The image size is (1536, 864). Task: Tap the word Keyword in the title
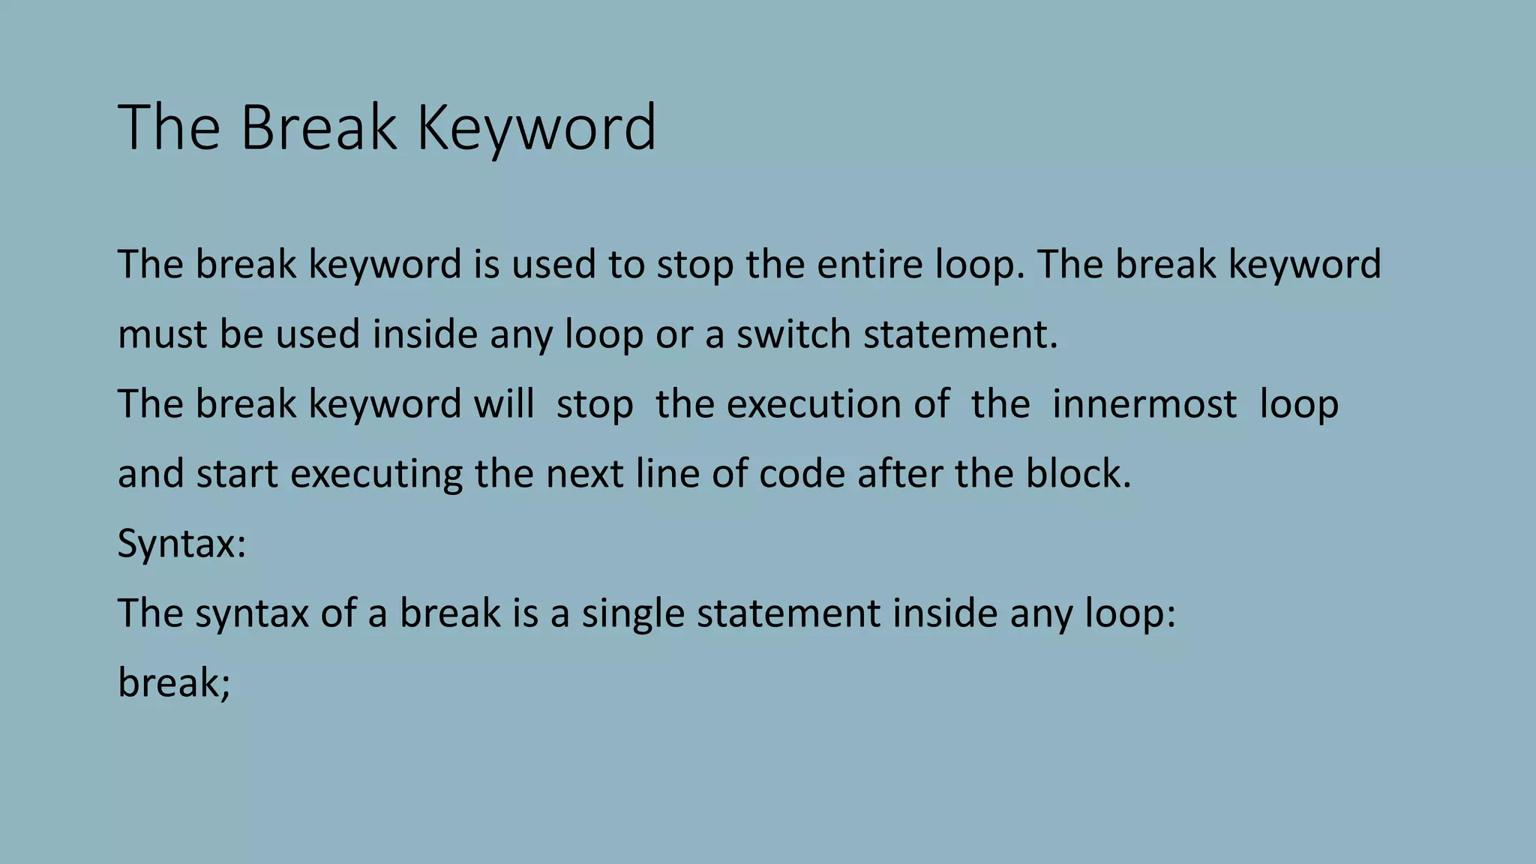pyautogui.click(x=535, y=127)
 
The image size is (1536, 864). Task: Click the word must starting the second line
pyautogui.click(x=163, y=334)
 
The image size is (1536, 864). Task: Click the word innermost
pyautogui.click(x=1144, y=403)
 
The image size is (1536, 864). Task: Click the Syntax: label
pyautogui.click(x=181, y=544)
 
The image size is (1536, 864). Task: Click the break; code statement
pyautogui.click(x=174, y=683)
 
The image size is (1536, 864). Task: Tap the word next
pyautogui.click(x=584, y=474)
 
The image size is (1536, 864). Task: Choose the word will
pyautogui.click(x=503, y=403)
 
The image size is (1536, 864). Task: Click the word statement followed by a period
pyautogui.click(x=960, y=334)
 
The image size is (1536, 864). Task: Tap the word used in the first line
pyautogui.click(x=553, y=264)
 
